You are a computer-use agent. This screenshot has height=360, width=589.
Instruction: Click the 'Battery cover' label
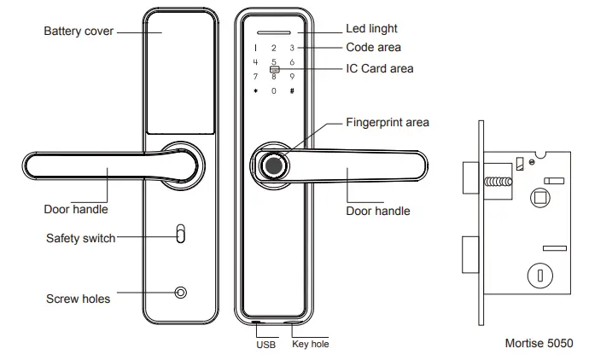coord(79,32)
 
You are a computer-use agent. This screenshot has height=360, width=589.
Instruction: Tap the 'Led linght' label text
coord(372,30)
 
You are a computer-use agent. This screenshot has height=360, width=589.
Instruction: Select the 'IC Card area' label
coord(379,67)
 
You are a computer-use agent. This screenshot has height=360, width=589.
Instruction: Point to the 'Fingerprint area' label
coord(387,122)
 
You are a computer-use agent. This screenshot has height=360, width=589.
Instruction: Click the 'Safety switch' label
coord(80,238)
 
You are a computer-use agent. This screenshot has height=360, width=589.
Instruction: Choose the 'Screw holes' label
coord(78,299)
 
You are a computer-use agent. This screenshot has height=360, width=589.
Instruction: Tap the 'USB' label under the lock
coord(266,345)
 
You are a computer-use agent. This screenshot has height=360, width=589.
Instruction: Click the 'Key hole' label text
coord(310,345)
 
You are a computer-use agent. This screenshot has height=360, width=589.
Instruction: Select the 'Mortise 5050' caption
coord(539,344)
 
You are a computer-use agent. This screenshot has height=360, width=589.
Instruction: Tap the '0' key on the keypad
coord(273,91)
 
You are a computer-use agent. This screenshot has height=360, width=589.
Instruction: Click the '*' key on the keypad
coord(254,91)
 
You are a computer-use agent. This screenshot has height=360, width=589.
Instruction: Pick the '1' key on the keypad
coord(254,48)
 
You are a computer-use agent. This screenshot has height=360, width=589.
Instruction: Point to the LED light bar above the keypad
coord(273,31)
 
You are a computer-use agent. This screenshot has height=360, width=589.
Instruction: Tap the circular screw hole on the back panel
coord(180,293)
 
